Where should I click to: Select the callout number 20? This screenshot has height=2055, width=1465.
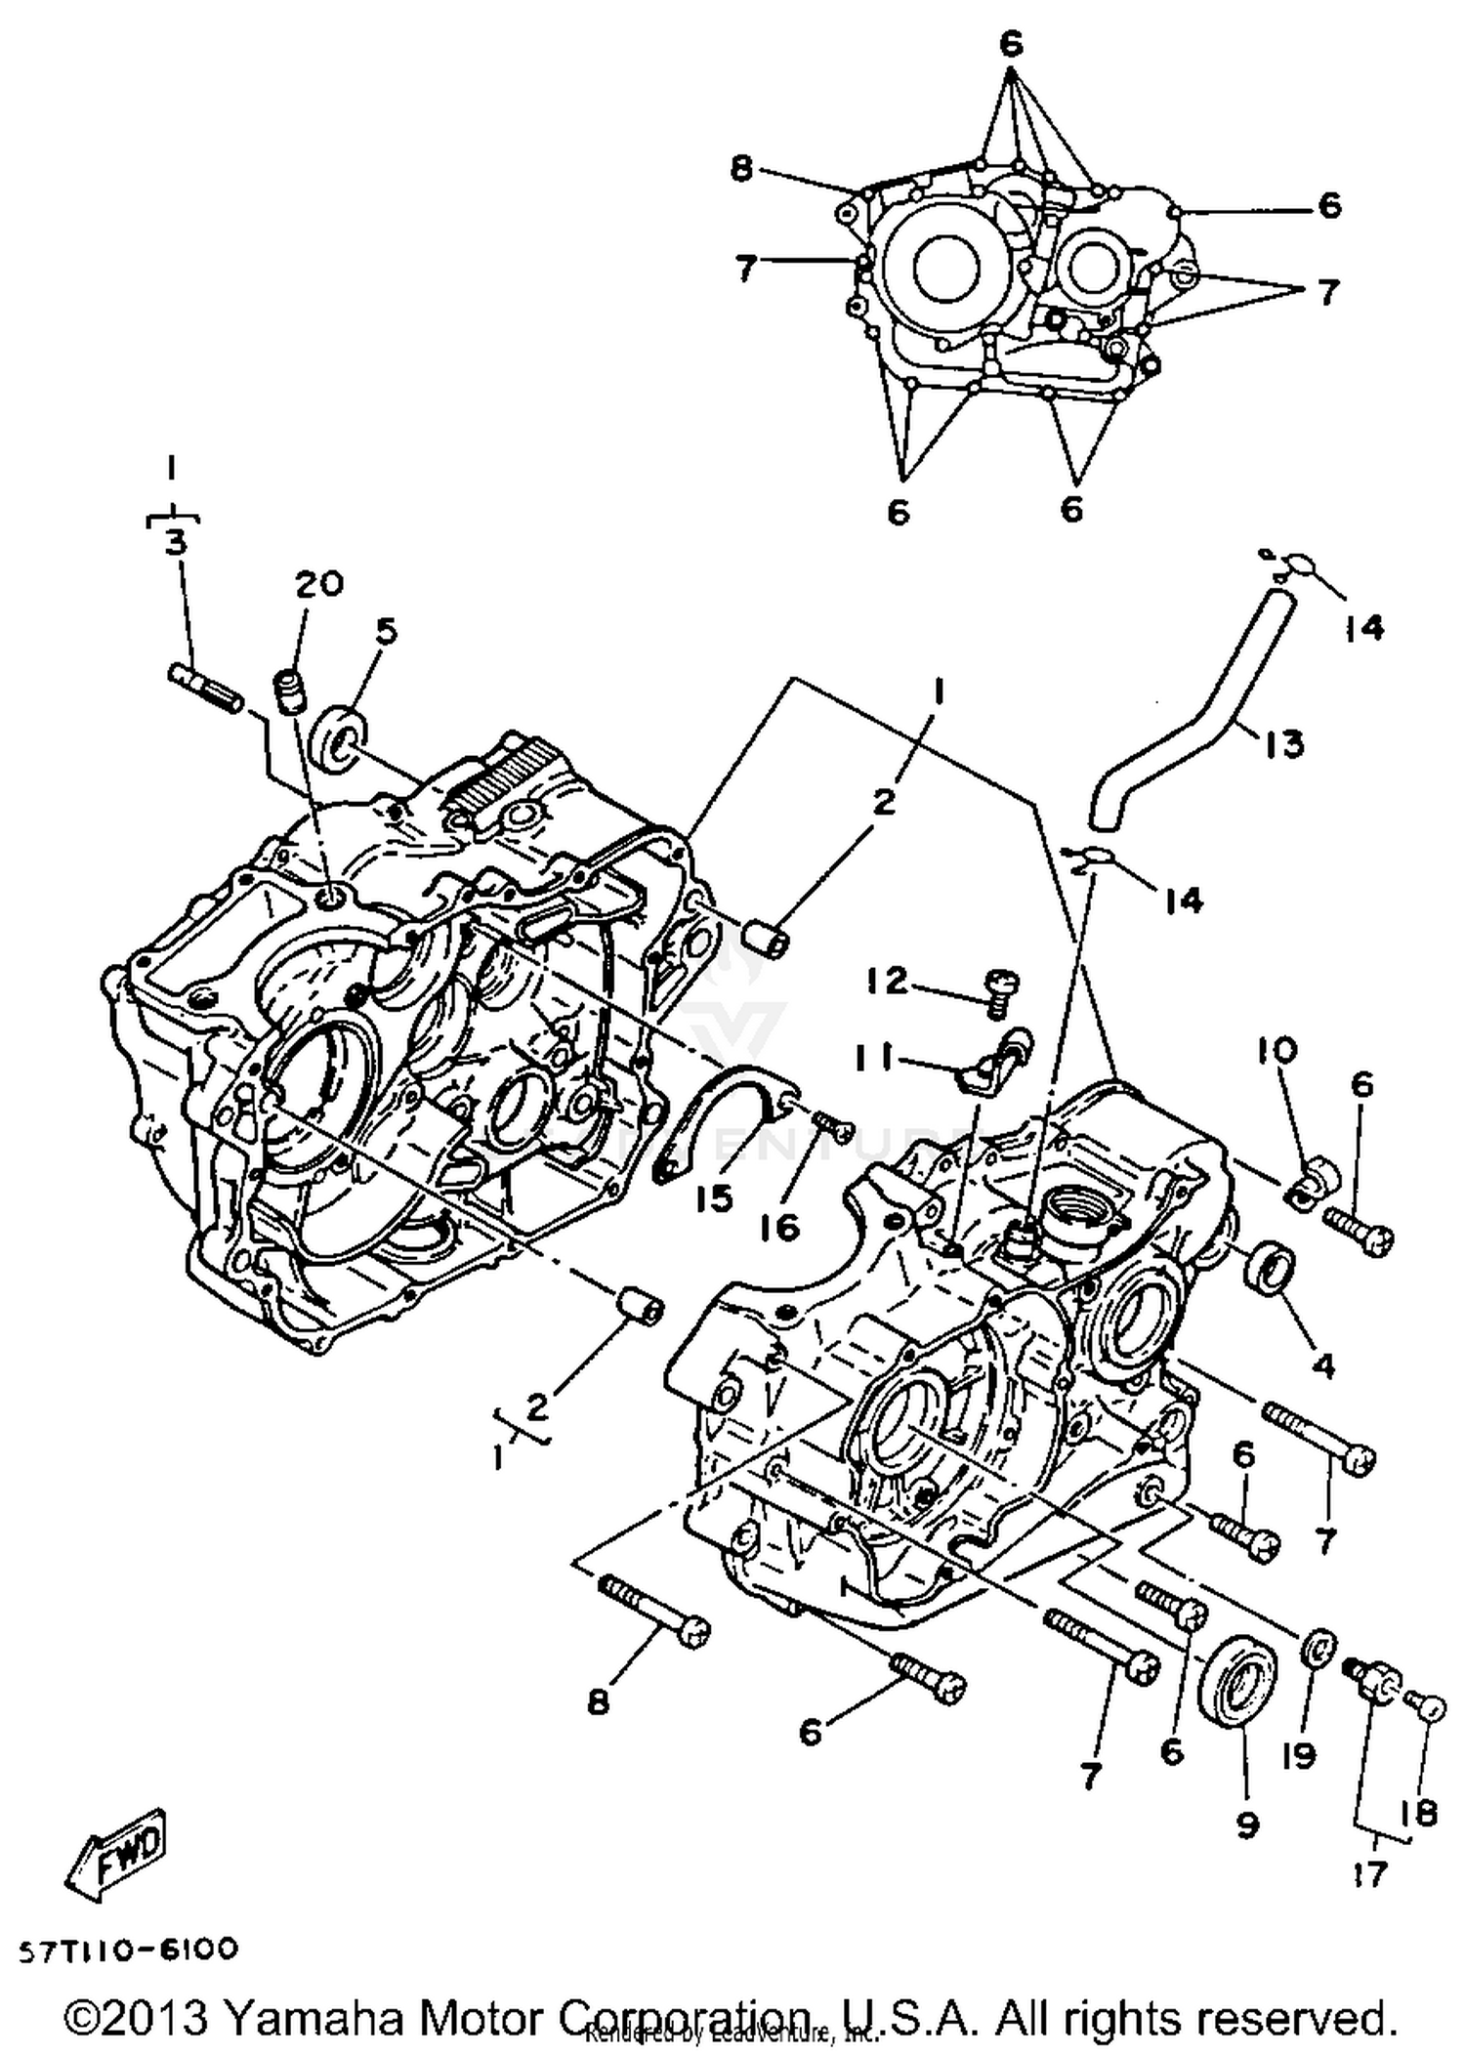[320, 584]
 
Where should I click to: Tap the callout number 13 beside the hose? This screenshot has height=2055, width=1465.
[1284, 744]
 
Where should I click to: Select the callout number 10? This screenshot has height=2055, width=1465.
[1278, 1051]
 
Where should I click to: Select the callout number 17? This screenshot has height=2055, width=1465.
[1370, 1875]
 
